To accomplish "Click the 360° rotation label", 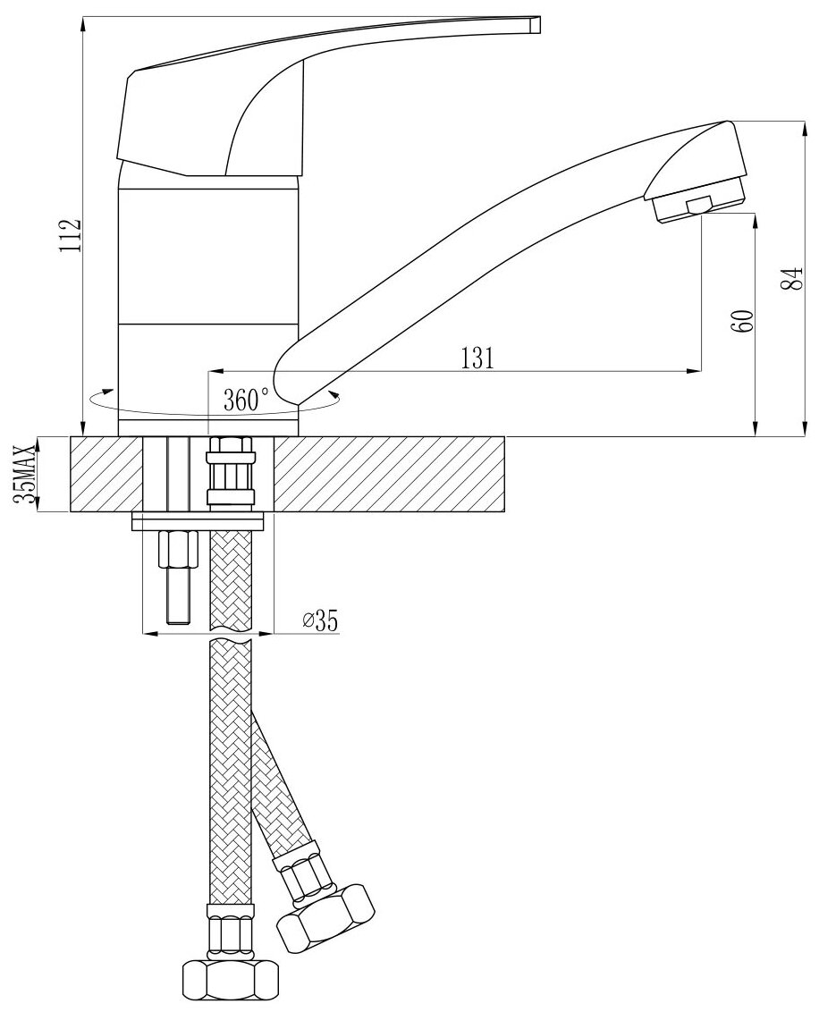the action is (x=246, y=398).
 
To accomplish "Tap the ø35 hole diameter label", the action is (x=320, y=620).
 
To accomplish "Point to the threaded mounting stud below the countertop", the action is (x=175, y=577).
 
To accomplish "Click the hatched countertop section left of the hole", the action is (x=106, y=474).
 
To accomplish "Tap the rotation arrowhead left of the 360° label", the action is (x=106, y=392).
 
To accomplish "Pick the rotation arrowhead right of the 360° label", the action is (x=333, y=394).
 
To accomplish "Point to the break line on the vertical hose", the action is (x=231, y=640).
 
